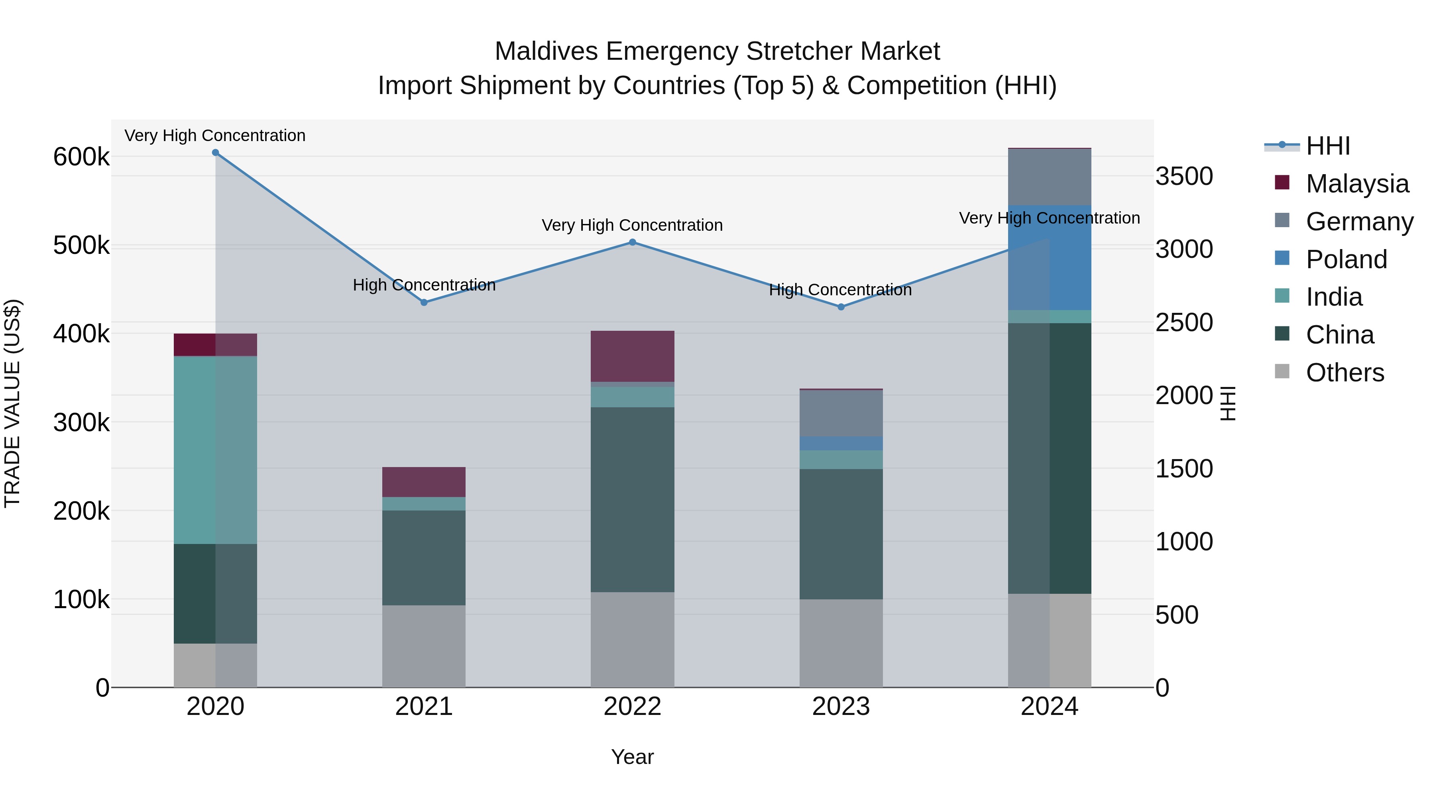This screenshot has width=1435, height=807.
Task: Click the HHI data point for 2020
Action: [216, 153]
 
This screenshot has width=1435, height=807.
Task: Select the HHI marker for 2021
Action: [424, 302]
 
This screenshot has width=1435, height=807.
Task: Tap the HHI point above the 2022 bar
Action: [632, 242]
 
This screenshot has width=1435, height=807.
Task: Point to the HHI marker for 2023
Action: [841, 307]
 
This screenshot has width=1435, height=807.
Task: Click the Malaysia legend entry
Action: [1357, 184]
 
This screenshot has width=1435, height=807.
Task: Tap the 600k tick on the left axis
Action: [81, 157]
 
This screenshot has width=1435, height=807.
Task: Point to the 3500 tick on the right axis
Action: [1184, 177]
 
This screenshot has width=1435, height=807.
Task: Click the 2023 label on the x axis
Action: [841, 707]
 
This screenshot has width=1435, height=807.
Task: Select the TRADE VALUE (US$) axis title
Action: [12, 403]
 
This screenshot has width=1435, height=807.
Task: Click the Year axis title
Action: [632, 757]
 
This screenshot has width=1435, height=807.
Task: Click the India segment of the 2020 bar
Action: [216, 450]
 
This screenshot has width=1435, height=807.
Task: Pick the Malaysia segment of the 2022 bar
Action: [632, 356]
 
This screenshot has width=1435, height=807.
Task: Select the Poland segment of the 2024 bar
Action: [1050, 257]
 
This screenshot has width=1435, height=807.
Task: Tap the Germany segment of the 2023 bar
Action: [841, 413]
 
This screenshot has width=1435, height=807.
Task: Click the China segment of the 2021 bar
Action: [424, 558]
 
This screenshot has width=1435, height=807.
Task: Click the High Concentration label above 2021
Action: [424, 285]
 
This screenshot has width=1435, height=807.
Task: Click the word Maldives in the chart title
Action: [547, 51]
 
